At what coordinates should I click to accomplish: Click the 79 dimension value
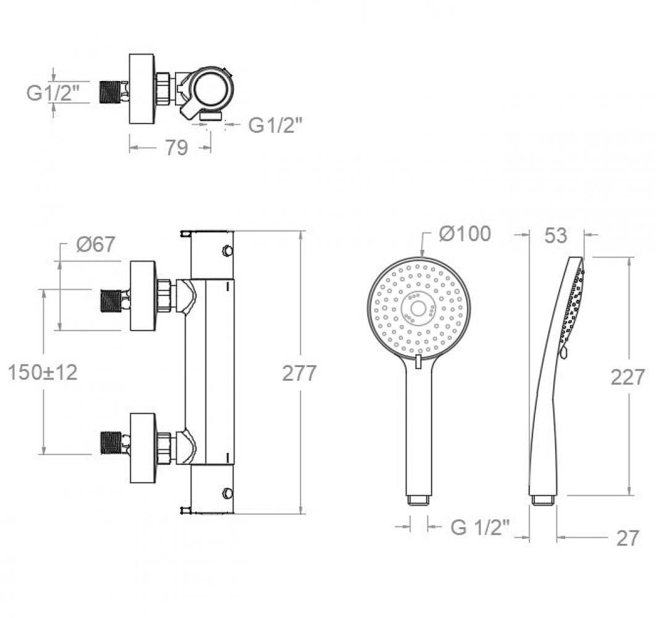coord(176,148)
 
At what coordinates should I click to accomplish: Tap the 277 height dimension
coord(299,373)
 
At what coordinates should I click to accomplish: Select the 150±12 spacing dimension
coord(43,372)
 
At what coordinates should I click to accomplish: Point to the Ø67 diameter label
coord(95,244)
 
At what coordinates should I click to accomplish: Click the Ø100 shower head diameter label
coord(465,234)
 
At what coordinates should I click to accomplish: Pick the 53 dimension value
coord(556,236)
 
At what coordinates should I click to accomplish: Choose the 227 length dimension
coord(628,378)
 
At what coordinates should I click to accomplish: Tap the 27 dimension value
coord(628,538)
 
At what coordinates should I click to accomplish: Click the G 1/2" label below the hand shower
coord(480,527)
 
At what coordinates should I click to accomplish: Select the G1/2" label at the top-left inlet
coord(53,93)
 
